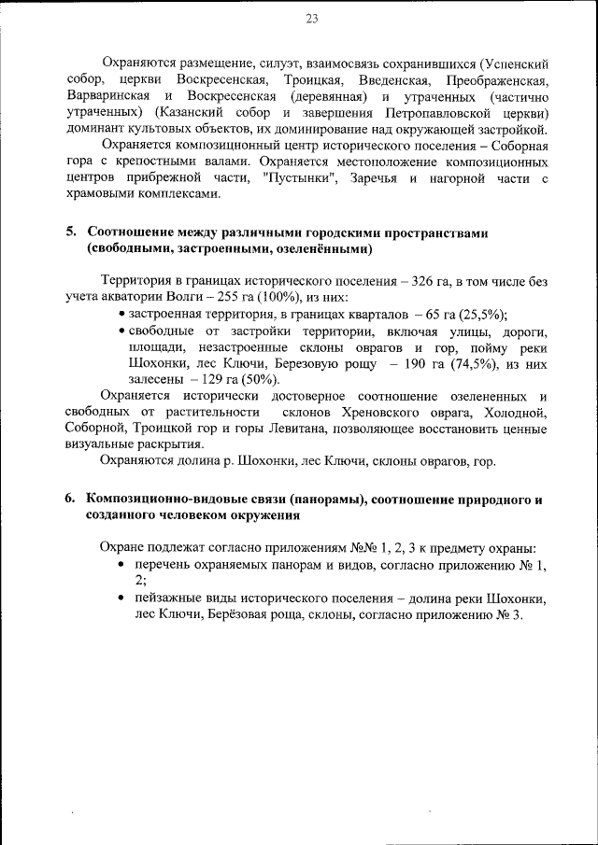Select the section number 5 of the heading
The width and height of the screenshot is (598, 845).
tap(70, 232)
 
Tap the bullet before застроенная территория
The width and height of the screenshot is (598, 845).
tap(123, 315)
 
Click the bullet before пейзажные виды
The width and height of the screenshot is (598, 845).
tap(123, 598)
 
